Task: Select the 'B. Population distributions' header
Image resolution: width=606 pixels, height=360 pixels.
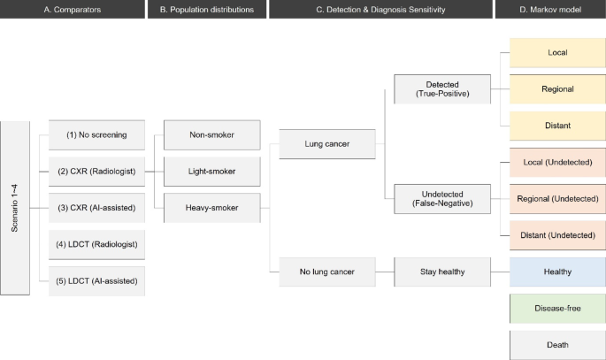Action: coord(206,10)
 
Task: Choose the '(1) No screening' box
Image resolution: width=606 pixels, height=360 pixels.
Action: coord(97,135)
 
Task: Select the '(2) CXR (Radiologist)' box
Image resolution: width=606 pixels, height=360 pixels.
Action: coord(97,172)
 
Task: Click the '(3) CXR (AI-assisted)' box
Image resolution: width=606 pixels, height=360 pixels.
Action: coord(97,209)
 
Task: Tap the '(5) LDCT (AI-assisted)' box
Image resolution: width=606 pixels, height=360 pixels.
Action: coord(97,281)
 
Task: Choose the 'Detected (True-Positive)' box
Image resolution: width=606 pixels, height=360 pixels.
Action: coord(441,89)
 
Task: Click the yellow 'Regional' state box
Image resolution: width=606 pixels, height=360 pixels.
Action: coord(556,89)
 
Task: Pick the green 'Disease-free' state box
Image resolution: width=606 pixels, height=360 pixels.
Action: coord(556,307)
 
